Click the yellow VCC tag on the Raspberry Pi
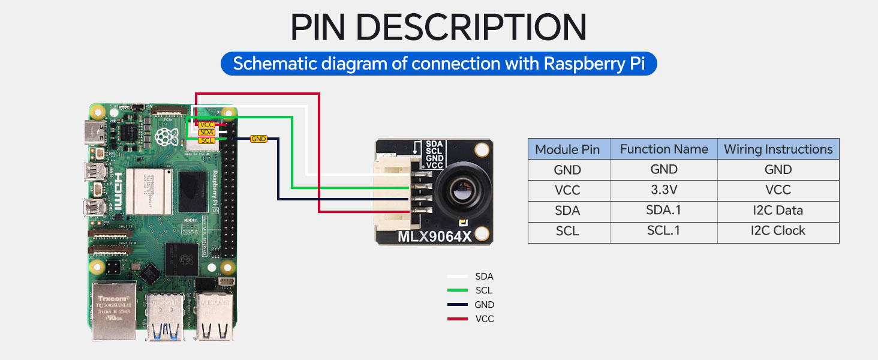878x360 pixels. pos(206,124)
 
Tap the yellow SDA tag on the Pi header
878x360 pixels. pos(206,132)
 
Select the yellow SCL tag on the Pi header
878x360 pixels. pos(206,140)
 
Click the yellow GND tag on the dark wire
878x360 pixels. pos(258,139)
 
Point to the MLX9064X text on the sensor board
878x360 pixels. pos(435,236)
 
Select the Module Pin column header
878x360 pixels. pos(567,149)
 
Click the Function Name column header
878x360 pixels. pos(664,149)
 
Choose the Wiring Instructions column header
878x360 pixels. pos(778,149)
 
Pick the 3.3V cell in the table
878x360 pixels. pos(664,190)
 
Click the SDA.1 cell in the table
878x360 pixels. pos(664,211)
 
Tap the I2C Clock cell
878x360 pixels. pos(778,230)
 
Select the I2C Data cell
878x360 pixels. pos(778,211)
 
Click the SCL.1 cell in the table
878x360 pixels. pos(664,230)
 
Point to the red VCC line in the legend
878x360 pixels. pos(458,319)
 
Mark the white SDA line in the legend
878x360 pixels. pos(458,277)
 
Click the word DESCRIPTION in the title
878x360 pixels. pos(475,27)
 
